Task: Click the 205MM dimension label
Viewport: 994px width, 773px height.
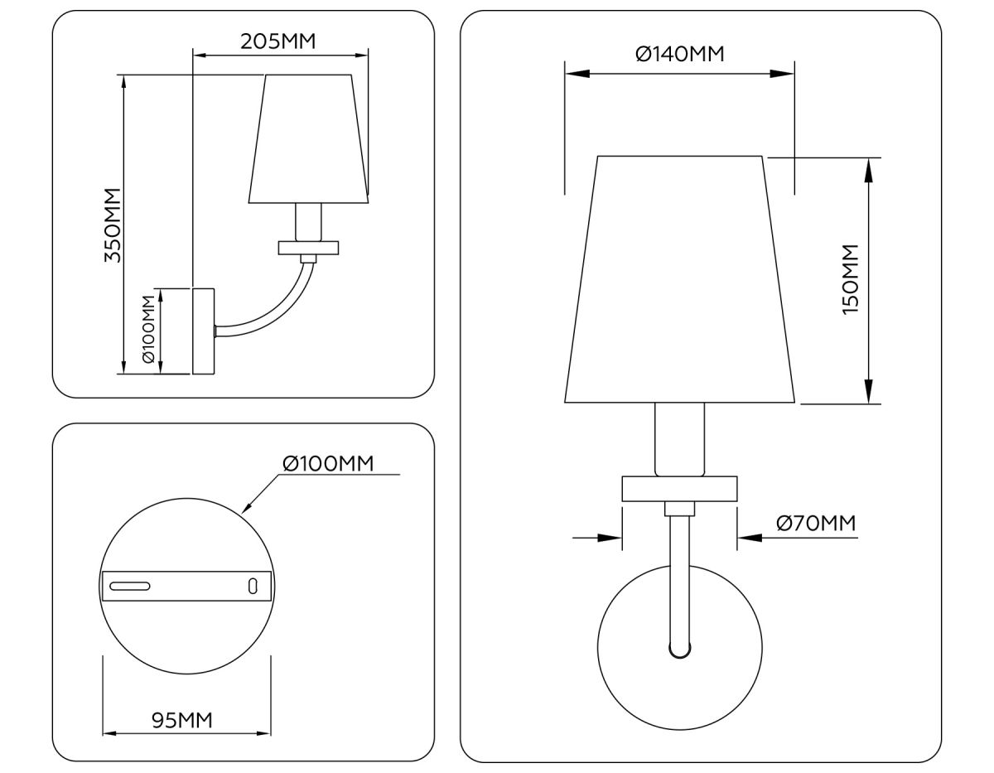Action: [x=277, y=41]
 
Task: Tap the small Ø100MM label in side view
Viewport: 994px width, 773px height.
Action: [x=148, y=329]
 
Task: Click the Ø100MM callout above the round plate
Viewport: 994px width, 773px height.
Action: [x=328, y=463]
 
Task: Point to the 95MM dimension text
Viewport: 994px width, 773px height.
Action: [x=182, y=720]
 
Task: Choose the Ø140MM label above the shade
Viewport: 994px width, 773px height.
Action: [x=679, y=54]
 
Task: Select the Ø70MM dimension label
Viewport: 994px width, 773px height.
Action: [x=815, y=523]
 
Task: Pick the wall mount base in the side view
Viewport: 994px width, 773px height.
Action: [x=203, y=331]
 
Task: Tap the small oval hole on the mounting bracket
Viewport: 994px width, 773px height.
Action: [x=253, y=586]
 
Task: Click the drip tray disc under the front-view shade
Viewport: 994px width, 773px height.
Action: [x=679, y=488]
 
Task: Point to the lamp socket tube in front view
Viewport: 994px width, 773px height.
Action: [x=679, y=439]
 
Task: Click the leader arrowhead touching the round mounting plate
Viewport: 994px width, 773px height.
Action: [x=246, y=508]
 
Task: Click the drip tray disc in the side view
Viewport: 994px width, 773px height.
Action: [x=309, y=247]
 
